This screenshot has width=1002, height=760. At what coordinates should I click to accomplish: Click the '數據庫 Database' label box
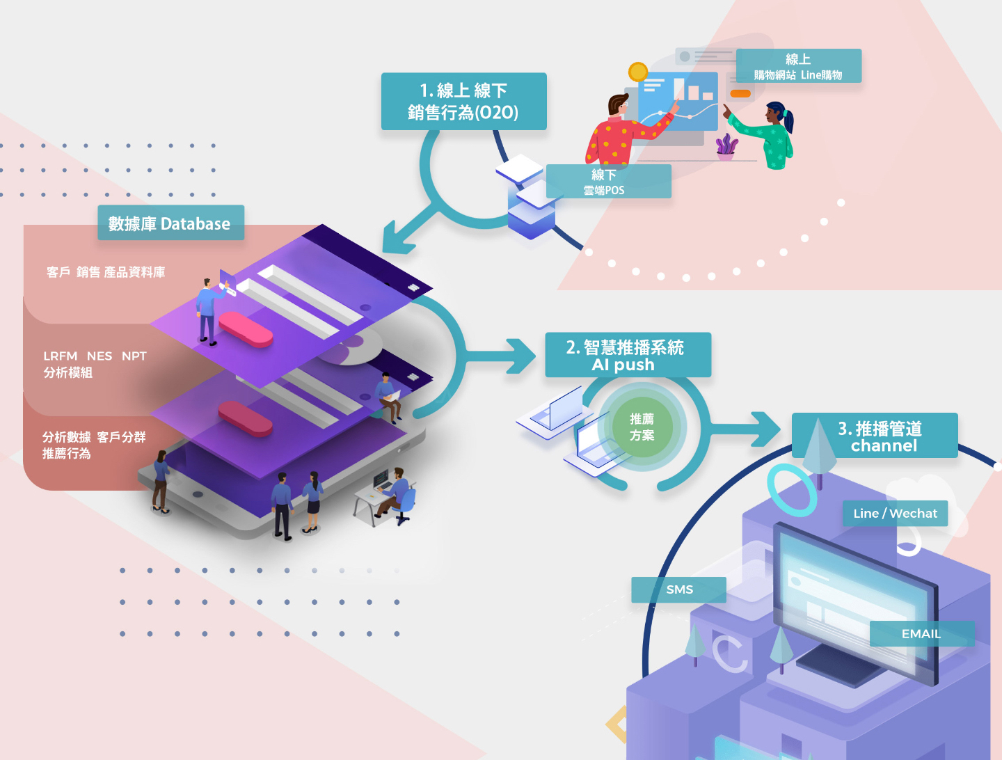(x=170, y=223)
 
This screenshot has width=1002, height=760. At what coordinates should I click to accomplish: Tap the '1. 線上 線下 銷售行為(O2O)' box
(x=464, y=102)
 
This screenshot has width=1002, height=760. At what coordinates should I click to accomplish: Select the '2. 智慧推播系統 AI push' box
(x=628, y=355)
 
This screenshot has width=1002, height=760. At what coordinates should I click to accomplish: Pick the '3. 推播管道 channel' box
(x=875, y=435)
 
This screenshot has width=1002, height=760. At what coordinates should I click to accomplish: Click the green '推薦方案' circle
(x=642, y=427)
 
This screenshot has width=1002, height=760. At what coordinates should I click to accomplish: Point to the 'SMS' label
(x=679, y=589)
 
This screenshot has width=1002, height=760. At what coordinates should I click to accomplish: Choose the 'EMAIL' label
(x=922, y=633)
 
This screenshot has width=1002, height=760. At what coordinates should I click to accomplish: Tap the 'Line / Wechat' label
(x=895, y=514)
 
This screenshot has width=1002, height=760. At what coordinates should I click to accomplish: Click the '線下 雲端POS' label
(x=608, y=181)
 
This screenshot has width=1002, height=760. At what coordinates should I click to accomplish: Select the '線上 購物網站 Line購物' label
(x=799, y=65)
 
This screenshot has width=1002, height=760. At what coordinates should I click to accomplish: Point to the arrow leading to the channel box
(x=744, y=429)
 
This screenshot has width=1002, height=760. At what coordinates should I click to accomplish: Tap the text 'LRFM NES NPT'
(x=95, y=356)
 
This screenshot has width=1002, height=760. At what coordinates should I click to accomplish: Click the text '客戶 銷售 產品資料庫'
(x=106, y=273)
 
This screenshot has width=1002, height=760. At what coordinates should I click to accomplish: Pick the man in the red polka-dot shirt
(x=626, y=130)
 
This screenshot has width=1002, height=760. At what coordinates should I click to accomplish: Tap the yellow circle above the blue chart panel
(x=637, y=72)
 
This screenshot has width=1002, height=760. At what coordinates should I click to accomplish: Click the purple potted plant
(x=726, y=147)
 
